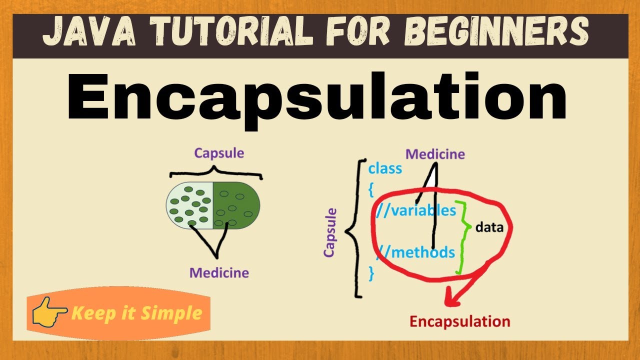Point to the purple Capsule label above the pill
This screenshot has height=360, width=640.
click(x=219, y=153)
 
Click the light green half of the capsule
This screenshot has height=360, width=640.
click(x=189, y=205)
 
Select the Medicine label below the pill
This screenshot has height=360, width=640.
click(x=218, y=273)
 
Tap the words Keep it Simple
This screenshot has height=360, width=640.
click(x=136, y=313)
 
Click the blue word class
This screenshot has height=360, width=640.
click(x=385, y=168)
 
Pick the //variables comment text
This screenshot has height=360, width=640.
click(x=416, y=210)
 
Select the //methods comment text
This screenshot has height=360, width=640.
click(x=416, y=252)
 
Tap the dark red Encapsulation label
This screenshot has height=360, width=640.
click(x=459, y=321)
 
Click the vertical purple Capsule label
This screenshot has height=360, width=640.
click(x=329, y=233)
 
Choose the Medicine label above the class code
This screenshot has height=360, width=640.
click(x=435, y=154)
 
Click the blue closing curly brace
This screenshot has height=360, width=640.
click(x=371, y=273)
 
